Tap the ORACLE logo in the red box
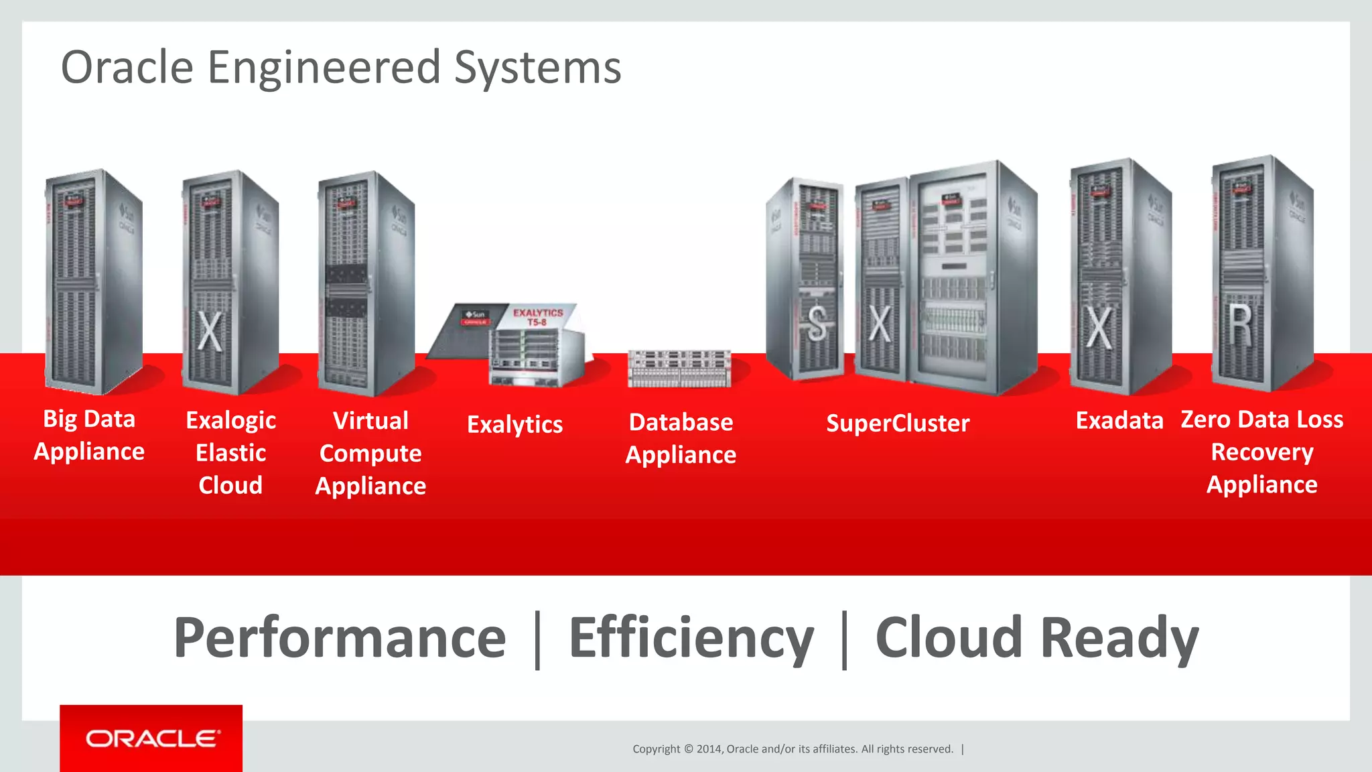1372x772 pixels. pyautogui.click(x=152, y=738)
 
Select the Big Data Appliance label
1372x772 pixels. pyautogui.click(x=89, y=435)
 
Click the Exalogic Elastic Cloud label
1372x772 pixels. pyautogui.click(x=230, y=452)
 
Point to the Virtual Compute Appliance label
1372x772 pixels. pyautogui.click(x=370, y=453)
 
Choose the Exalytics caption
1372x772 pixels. pyautogui.click(x=514, y=424)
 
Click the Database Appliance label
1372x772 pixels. pyautogui.click(x=681, y=438)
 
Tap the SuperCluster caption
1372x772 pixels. pyautogui.click(x=898, y=423)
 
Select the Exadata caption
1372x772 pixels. pyautogui.click(x=1119, y=420)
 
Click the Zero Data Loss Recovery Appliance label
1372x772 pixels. pyautogui.click(x=1262, y=452)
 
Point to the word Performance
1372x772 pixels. pyautogui.click(x=340, y=638)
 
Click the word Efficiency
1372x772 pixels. pyautogui.click(x=691, y=638)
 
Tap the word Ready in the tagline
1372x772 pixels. pyautogui.click(x=1119, y=638)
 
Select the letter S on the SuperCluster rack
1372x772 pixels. pyautogui.click(x=817, y=325)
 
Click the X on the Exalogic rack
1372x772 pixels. pyautogui.click(x=210, y=331)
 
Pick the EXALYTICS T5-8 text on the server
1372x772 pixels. pyautogui.click(x=538, y=317)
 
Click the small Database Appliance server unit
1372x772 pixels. pyautogui.click(x=679, y=369)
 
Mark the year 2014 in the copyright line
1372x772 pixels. pyautogui.click(x=709, y=749)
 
